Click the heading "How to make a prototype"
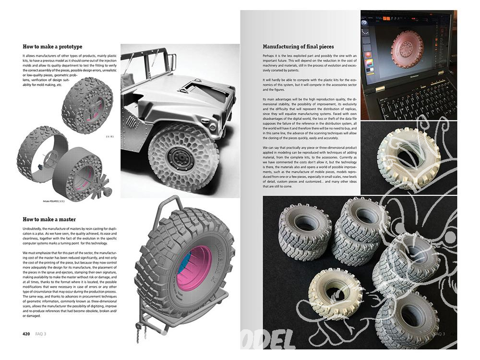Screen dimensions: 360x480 [52, 47]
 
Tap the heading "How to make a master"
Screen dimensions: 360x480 [48, 219]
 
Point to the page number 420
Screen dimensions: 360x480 [27, 333]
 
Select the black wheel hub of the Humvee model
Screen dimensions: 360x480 [181, 157]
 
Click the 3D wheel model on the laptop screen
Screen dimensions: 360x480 [407, 48]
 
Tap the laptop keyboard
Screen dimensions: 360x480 [413, 98]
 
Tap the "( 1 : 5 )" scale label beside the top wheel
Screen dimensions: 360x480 [109, 137]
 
